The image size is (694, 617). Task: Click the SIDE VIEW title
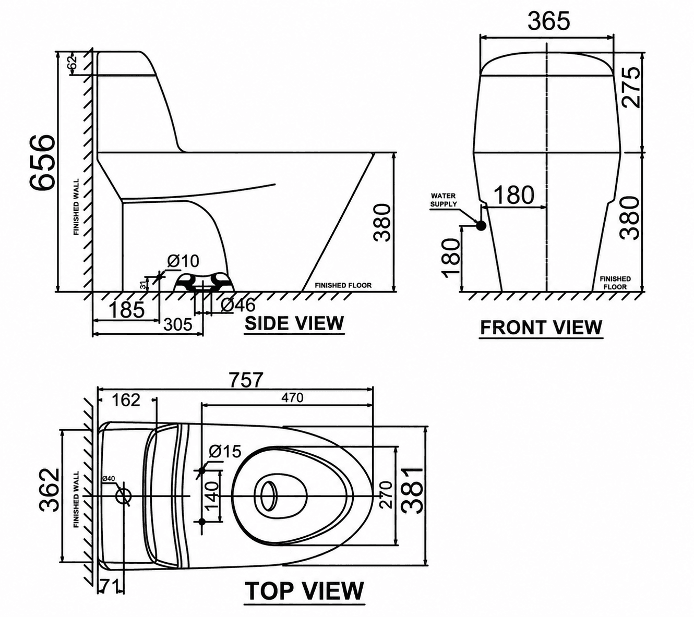tap(294, 323)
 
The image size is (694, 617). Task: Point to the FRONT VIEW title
tap(541, 327)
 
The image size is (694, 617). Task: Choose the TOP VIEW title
tap(304, 590)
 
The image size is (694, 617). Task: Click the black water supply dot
tap(481, 225)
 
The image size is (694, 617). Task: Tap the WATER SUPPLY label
tap(443, 200)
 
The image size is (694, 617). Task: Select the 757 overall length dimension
tap(246, 379)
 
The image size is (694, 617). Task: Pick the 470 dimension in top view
tap(292, 397)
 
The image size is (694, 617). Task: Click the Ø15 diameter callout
tap(225, 451)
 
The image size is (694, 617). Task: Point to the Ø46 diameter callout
tap(238, 305)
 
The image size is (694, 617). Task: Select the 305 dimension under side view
tap(178, 324)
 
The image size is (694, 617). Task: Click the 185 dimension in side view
tap(126, 309)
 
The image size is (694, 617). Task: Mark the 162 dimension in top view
tap(126, 400)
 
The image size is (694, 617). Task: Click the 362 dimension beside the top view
tap(50, 489)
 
